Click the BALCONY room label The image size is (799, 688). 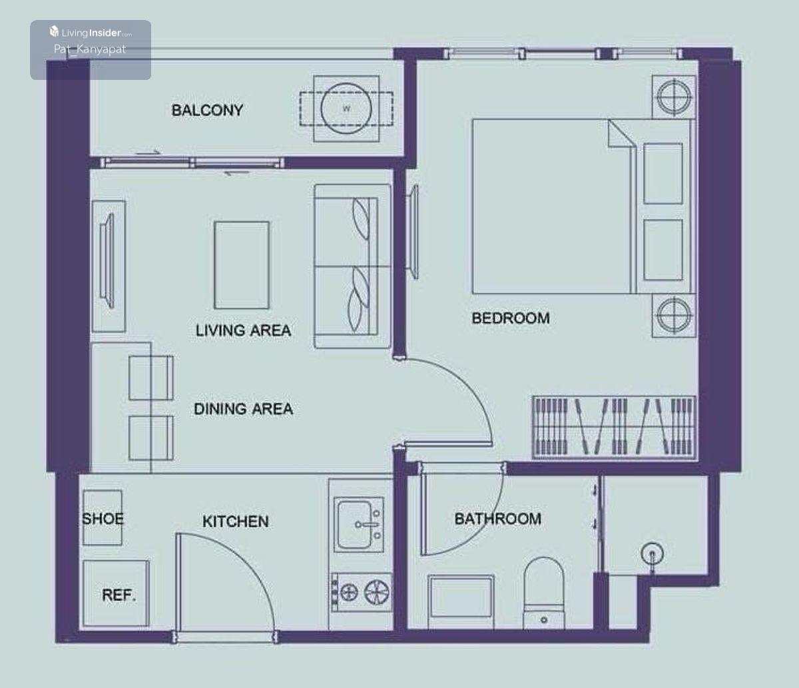point(207,110)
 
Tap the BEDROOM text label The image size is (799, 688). point(511,318)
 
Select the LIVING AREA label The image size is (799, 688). point(243,330)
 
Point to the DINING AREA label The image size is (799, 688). point(243,409)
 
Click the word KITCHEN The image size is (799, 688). point(236,521)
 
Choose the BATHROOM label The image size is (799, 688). point(497,519)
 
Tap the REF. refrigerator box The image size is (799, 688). point(116,593)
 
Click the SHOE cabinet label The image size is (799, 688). point(103,519)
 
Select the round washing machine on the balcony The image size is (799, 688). point(346,109)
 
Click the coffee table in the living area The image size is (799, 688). point(242,265)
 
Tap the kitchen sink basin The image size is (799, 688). point(359,525)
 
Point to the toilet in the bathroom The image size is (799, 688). point(543,593)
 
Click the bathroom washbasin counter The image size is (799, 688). point(461,602)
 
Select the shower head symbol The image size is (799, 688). point(652,555)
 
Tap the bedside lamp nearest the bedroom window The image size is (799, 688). point(674,97)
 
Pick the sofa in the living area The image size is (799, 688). point(352,266)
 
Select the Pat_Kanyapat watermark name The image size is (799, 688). point(90,49)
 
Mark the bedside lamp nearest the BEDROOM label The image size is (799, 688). point(674,315)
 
